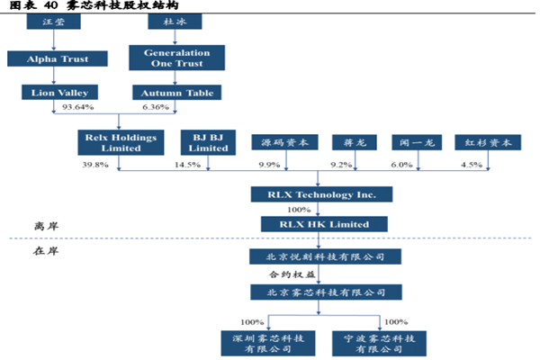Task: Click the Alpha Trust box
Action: pyautogui.click(x=58, y=59)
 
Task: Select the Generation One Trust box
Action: pyautogui.click(x=176, y=59)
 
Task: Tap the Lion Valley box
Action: pyautogui.click(x=58, y=92)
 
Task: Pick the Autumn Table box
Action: pyautogui.click(x=176, y=92)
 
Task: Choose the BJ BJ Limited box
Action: pyautogui.click(x=209, y=142)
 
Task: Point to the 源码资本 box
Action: pyautogui.click(x=285, y=142)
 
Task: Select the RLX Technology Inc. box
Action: pyautogui.click(x=321, y=194)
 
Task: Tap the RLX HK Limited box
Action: pyautogui.click(x=321, y=223)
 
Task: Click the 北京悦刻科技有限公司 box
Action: pyautogui.click(x=321, y=256)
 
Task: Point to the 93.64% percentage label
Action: pyautogui.click(x=78, y=108)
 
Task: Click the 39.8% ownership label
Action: pyautogui.click(x=95, y=165)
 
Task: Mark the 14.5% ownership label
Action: pyautogui.click(x=187, y=165)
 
